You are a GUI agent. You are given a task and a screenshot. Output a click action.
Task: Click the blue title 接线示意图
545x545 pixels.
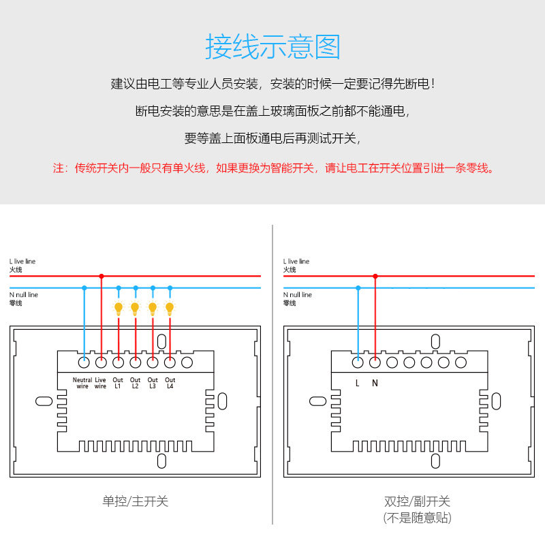click(272, 48)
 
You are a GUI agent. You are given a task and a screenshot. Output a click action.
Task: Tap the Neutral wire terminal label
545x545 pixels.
click(82, 383)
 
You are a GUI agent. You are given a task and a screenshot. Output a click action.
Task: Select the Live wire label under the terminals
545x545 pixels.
click(100, 383)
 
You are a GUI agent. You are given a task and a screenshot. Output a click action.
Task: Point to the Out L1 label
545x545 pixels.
click(117, 383)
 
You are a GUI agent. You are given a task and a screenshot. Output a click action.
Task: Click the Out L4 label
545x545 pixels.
click(170, 383)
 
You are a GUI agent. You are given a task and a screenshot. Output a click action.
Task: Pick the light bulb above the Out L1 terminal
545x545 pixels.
click(118, 308)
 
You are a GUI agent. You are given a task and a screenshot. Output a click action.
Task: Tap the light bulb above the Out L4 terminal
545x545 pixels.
click(170, 308)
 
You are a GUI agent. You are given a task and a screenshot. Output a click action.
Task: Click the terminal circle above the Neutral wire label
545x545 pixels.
click(84, 362)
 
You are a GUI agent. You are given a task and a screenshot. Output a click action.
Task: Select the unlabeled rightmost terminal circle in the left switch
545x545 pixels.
click(187, 362)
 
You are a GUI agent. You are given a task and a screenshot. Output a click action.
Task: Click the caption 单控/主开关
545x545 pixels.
click(135, 501)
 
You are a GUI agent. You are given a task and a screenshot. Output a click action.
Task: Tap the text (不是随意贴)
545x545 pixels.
click(417, 518)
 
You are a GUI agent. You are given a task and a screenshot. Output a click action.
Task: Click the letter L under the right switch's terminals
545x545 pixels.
click(358, 383)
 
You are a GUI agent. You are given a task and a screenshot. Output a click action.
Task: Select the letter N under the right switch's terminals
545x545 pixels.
click(375, 383)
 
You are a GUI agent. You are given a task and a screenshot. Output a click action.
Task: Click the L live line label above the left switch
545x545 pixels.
click(22, 262)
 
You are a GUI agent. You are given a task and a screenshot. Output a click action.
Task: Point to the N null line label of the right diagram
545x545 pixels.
click(298, 295)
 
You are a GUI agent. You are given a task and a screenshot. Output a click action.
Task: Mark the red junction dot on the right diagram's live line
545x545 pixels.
click(375, 276)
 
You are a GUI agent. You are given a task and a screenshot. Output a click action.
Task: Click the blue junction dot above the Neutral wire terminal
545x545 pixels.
click(84, 287)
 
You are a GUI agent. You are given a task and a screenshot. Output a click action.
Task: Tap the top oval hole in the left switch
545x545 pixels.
click(161, 341)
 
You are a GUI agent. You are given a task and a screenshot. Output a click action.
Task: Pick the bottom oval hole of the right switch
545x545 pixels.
click(435, 461)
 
